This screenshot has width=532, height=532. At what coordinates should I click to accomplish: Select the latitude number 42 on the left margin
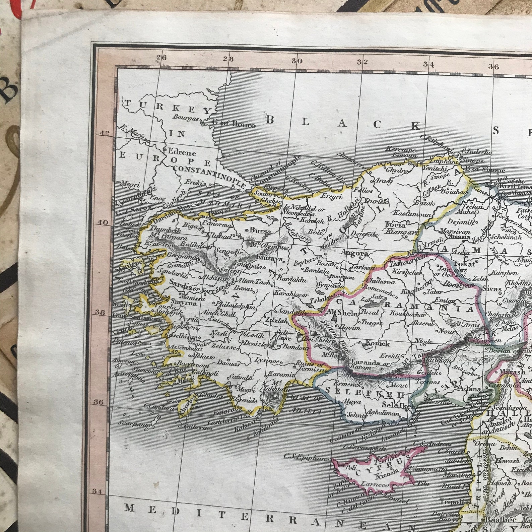tap(105, 133)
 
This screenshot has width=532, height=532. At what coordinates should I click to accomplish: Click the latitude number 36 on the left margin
tap(98, 402)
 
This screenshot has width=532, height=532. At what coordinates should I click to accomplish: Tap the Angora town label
tap(354, 253)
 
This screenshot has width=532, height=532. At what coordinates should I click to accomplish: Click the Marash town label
tap(512, 372)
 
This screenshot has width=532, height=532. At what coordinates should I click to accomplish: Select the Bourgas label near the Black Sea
tap(186, 118)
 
